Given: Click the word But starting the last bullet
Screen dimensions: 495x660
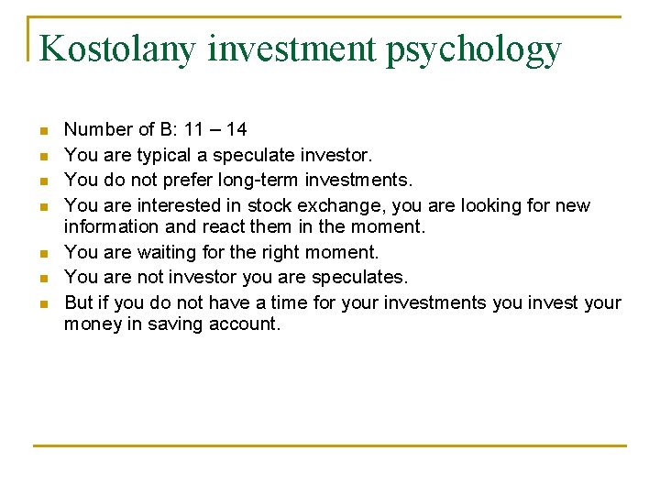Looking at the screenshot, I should (x=79, y=302).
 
